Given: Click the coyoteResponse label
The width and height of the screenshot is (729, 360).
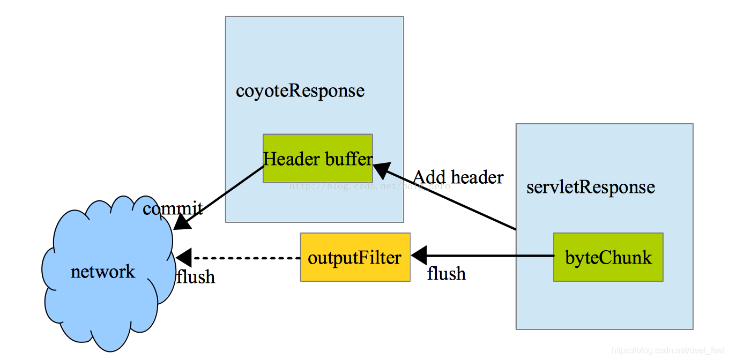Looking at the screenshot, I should pyautogui.click(x=300, y=91).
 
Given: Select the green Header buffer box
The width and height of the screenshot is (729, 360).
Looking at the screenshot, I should pyautogui.click(x=317, y=159).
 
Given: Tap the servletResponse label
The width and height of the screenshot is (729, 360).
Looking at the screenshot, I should pyautogui.click(x=591, y=187).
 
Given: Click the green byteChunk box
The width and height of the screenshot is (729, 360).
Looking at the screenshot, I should pyautogui.click(x=608, y=257).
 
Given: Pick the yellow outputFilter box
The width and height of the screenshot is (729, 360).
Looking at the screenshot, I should pyautogui.click(x=355, y=257).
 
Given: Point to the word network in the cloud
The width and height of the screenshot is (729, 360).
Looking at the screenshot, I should pyautogui.click(x=103, y=272).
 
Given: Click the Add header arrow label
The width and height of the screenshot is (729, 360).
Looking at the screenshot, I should pyautogui.click(x=458, y=177).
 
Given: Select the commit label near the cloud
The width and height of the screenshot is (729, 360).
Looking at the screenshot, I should pyautogui.click(x=173, y=208).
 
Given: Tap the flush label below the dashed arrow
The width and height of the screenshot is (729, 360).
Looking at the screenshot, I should pyautogui.click(x=196, y=276).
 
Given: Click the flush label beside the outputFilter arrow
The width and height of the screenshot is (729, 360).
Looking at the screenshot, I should pyautogui.click(x=446, y=274).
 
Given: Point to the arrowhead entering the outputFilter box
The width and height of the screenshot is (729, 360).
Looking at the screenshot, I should pyautogui.click(x=418, y=254).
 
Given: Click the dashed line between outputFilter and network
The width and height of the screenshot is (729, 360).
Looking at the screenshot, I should pyautogui.click(x=247, y=258).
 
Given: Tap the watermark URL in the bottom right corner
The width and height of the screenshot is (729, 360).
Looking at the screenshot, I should pyautogui.click(x=667, y=350).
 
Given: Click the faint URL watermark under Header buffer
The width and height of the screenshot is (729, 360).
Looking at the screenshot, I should pyautogui.click(x=370, y=186).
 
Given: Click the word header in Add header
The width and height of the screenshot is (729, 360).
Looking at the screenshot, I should pyautogui.click(x=477, y=177).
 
